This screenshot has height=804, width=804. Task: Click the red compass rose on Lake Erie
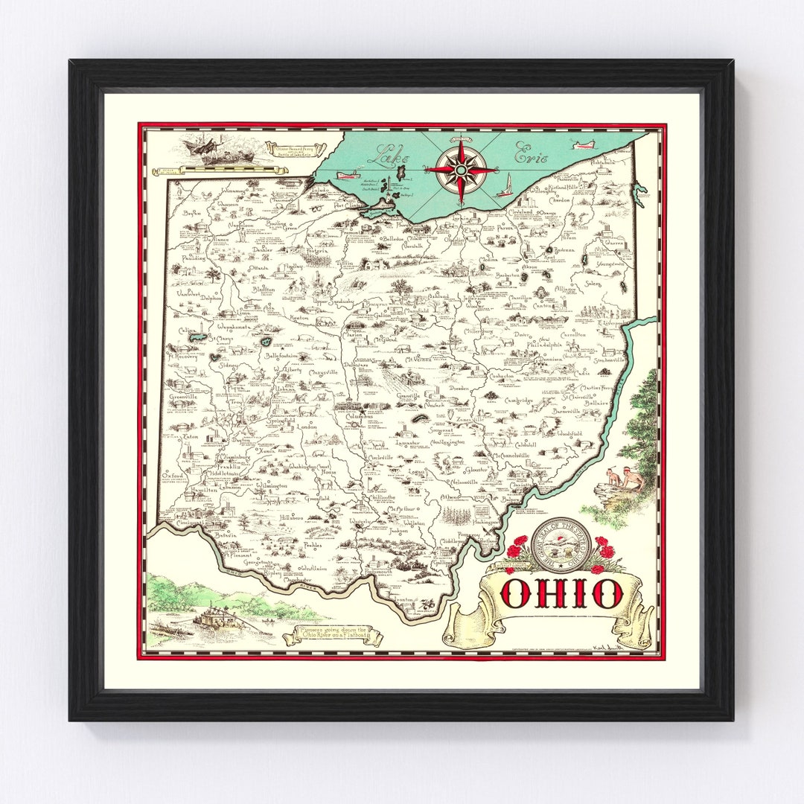461,170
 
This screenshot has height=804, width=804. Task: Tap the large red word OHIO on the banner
561,593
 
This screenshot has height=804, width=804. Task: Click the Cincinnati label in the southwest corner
185,523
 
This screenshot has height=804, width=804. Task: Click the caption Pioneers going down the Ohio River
333,634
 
